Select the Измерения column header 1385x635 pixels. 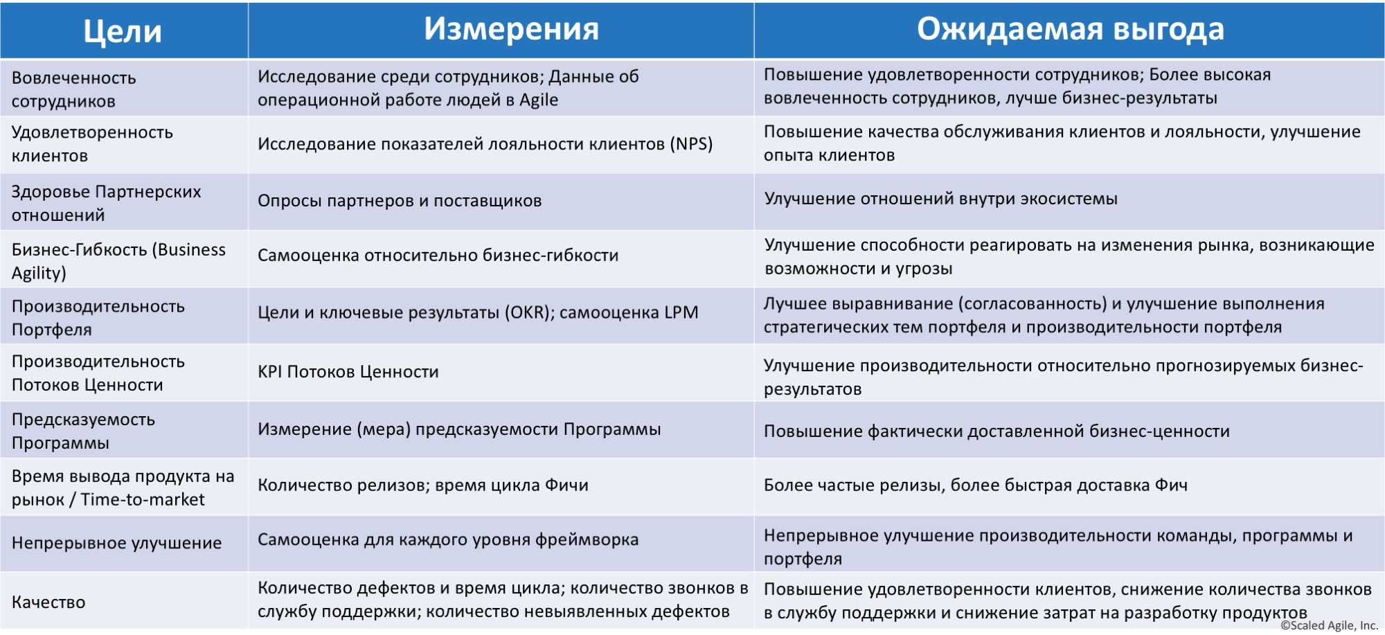point(511,29)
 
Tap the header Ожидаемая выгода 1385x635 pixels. point(1070,29)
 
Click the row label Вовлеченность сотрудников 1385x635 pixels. point(74,89)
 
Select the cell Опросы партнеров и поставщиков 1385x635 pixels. point(400,201)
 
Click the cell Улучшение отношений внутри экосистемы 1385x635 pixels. point(940,199)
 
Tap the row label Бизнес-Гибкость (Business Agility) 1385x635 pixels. point(118,261)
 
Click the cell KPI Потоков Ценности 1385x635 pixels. point(348,372)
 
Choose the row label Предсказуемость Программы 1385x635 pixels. point(83,431)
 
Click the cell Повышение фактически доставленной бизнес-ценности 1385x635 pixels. point(997,431)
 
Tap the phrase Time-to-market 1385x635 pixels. point(143,499)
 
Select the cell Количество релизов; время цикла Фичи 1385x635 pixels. point(423,485)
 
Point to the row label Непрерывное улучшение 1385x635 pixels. point(116,543)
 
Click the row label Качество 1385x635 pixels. point(48,602)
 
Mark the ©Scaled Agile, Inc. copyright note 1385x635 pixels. point(1329,625)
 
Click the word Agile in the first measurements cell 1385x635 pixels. point(539,100)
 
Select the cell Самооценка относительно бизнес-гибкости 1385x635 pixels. point(438,256)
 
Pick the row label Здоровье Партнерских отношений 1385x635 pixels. point(106,204)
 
